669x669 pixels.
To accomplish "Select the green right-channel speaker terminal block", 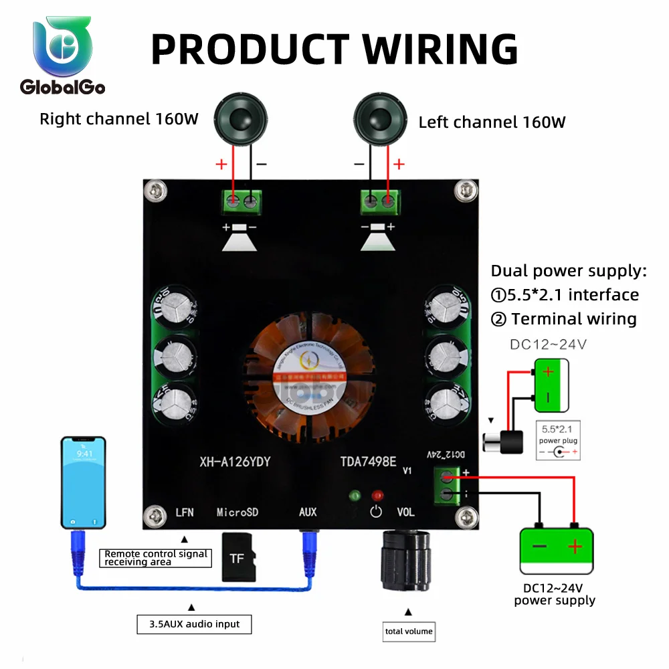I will click(242, 201).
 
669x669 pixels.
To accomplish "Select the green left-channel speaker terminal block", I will click(379, 201).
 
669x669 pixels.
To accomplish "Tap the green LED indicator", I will click(355, 496).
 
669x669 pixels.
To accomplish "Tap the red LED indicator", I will click(378, 496).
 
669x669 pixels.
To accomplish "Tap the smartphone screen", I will click(84, 482).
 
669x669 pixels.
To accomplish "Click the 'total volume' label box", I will click(409, 631).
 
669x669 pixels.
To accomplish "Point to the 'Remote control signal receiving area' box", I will click(156, 557).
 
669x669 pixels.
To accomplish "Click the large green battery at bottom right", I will click(557, 550).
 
